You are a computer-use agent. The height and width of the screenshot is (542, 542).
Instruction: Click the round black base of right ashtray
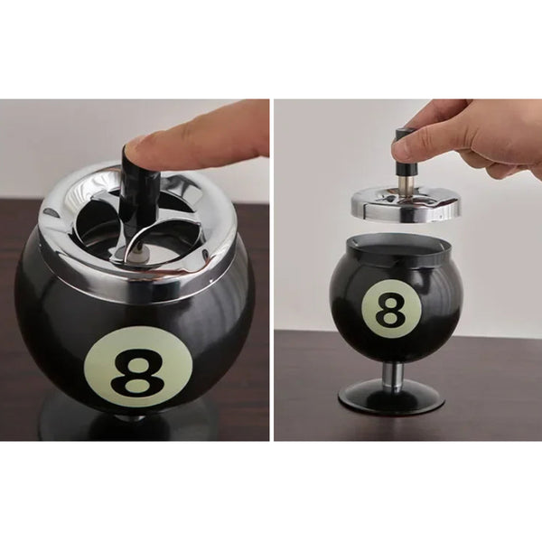pyautogui.click(x=392, y=397)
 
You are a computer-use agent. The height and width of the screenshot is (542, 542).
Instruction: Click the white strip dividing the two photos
pyautogui.click(x=272, y=271)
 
